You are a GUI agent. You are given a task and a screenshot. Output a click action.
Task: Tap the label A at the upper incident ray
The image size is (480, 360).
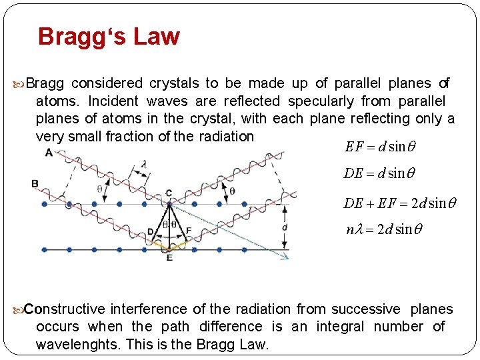(x=48, y=153)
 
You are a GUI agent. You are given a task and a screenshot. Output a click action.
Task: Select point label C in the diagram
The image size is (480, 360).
(x=169, y=193)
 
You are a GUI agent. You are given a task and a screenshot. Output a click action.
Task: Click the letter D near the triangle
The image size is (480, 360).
(x=151, y=231)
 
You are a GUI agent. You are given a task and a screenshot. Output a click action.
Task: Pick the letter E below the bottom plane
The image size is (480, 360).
(x=169, y=257)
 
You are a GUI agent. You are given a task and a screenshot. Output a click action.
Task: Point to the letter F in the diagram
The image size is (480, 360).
(x=189, y=231)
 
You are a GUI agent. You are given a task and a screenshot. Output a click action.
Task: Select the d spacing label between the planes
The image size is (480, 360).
(x=285, y=227)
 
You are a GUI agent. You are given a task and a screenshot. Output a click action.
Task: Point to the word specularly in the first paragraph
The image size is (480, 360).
(x=321, y=101)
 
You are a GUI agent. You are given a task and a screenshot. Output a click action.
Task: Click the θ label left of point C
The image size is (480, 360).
(x=100, y=189)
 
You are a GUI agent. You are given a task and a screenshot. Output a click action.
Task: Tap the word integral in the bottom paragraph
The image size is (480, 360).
(x=340, y=327)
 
